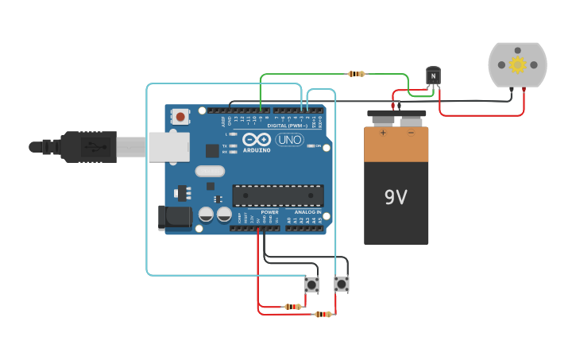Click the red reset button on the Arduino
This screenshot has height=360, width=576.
[181, 118]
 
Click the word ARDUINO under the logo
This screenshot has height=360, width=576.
[257, 149]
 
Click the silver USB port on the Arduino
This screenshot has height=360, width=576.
[168, 147]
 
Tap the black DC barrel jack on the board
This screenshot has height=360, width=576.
[174, 217]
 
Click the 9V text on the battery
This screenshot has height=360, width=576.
[396, 197]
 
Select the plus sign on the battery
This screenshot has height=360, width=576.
[383, 133]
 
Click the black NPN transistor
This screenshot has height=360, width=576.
[433, 75]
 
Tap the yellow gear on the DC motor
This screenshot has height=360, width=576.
[518, 64]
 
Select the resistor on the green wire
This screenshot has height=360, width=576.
[357, 74]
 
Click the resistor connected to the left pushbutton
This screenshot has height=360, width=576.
[293, 306]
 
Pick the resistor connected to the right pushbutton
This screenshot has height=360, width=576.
[323, 314]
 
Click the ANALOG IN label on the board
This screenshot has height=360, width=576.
[307, 212]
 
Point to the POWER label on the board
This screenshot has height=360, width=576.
[270, 212]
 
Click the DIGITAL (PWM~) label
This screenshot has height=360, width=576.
[288, 126]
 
